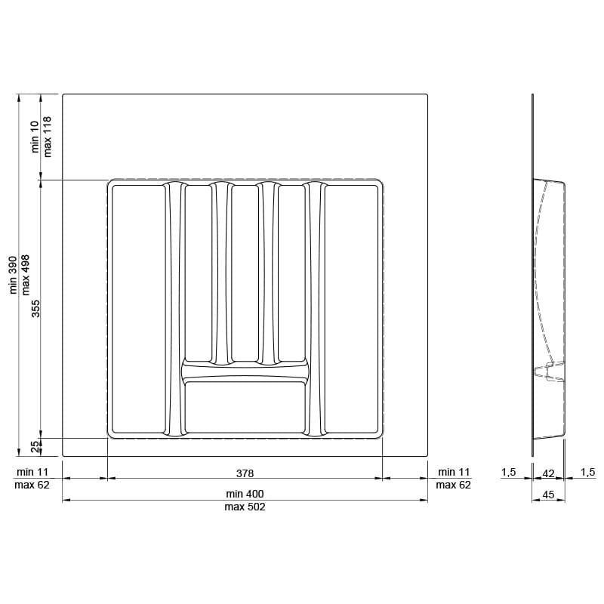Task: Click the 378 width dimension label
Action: [245, 473]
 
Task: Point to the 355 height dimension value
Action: [35, 309]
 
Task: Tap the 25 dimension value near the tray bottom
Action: [35, 447]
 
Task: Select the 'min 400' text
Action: [245, 494]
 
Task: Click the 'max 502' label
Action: [245, 507]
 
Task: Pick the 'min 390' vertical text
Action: [13, 275]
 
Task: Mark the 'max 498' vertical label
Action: [26, 275]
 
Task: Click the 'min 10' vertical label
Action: [35, 137]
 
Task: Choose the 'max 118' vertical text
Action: [48, 137]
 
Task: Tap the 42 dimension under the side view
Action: [548, 473]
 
